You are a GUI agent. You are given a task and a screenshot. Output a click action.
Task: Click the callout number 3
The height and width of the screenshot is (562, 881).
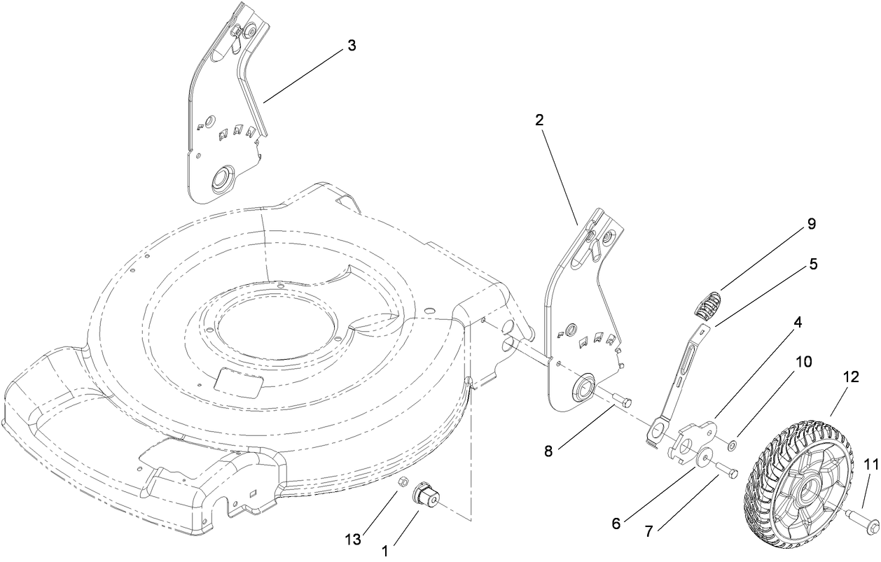click(351, 45)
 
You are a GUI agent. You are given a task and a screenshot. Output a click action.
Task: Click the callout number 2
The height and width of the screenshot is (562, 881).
click(539, 120)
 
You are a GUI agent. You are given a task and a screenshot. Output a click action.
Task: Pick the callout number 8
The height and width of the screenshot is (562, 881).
click(548, 451)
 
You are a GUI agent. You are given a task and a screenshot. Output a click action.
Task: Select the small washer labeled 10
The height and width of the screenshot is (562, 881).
click(733, 444)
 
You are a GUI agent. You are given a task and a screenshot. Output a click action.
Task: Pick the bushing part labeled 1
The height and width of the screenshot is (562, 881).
click(424, 496)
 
